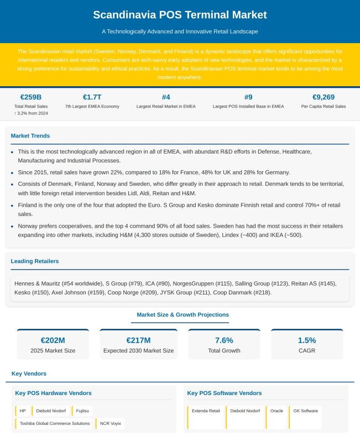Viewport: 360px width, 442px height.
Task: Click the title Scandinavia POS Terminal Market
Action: pos(180,15)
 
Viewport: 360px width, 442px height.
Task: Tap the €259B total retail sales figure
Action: pos(31,97)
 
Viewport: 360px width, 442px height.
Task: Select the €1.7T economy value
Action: pos(92,97)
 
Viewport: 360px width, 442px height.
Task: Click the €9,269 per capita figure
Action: pos(324,97)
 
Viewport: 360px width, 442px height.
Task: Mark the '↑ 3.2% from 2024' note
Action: pos(31,113)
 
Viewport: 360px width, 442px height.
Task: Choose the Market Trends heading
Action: pos(30,135)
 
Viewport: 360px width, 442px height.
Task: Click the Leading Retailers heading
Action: pos(35,261)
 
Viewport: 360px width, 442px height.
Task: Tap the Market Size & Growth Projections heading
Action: pos(183,314)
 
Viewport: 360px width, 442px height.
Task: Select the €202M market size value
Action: pos(53,340)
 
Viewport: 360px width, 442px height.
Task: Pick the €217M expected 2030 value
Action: pos(138,340)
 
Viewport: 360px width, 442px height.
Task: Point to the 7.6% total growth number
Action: pos(224,340)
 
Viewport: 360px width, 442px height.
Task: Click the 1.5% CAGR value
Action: pos(307,340)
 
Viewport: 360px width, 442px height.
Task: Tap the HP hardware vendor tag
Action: pos(23,411)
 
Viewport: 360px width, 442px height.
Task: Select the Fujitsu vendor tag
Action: pos(82,411)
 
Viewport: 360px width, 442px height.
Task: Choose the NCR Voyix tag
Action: pos(111,424)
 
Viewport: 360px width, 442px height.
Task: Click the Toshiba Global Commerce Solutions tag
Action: pos(54,424)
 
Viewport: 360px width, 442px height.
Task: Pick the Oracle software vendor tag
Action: pos(276,411)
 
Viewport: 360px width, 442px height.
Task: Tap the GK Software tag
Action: pos(305,411)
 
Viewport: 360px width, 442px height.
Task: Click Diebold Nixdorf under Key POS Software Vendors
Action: pos(245,411)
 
